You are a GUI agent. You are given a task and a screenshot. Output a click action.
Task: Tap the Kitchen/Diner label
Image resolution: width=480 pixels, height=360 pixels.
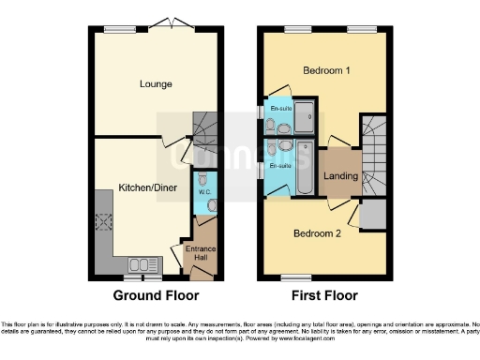point(142,189)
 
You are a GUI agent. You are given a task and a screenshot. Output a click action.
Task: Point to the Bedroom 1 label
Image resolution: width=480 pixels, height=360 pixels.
point(327,71)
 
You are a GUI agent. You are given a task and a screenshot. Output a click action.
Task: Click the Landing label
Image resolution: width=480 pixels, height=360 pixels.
point(340,175)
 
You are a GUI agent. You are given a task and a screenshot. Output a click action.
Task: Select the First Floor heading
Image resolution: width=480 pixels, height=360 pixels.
point(323,295)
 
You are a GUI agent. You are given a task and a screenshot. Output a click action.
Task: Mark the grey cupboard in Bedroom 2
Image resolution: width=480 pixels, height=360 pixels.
point(372,213)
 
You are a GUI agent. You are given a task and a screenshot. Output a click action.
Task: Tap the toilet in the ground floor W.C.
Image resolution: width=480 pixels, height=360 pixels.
point(210,204)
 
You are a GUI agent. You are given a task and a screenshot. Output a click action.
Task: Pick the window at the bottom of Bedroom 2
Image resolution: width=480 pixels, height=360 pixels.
point(298,277)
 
